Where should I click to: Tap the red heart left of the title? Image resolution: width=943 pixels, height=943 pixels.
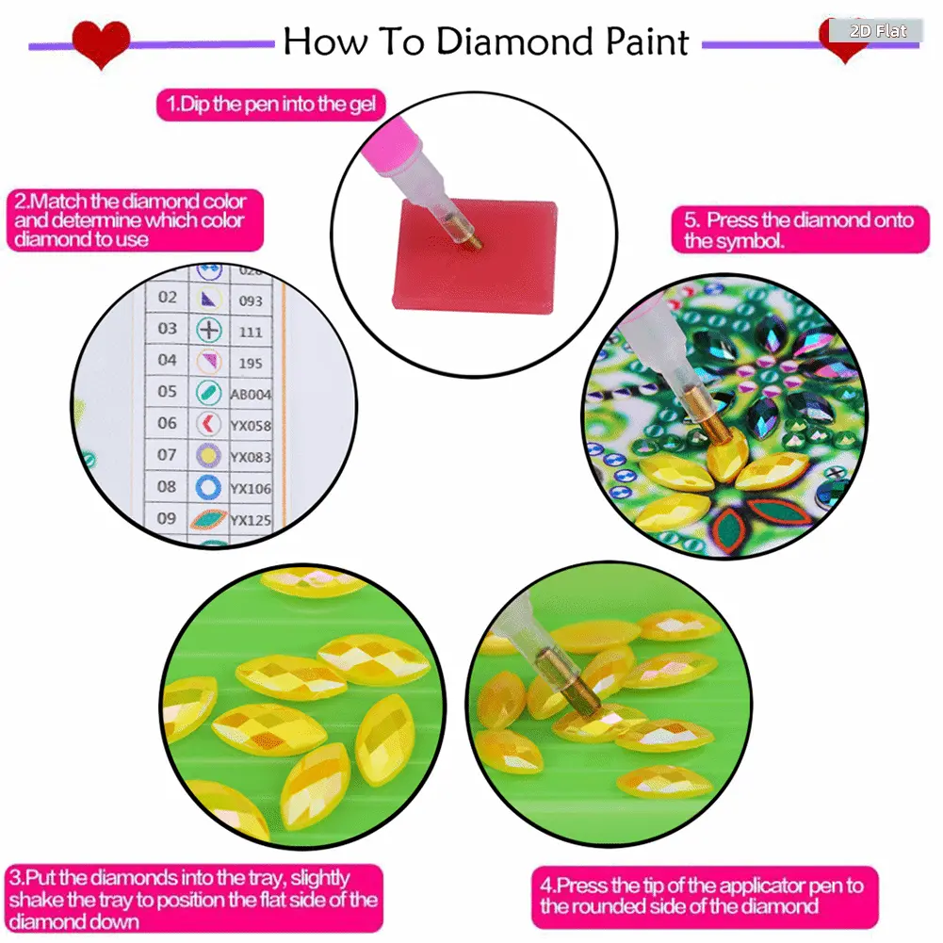(x=101, y=42)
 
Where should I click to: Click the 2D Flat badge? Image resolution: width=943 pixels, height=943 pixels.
(x=877, y=31)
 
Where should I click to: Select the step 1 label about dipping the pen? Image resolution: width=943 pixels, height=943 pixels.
(x=270, y=104)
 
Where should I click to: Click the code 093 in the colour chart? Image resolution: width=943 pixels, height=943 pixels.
(x=251, y=301)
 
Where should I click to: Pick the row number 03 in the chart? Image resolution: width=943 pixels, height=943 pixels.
(x=167, y=329)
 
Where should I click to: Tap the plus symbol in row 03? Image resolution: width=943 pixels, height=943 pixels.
(x=209, y=330)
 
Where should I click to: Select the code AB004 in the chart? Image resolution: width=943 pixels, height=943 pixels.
(x=251, y=395)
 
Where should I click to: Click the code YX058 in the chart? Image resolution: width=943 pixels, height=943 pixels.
(x=251, y=426)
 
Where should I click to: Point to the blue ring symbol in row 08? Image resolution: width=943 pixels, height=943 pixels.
(x=208, y=487)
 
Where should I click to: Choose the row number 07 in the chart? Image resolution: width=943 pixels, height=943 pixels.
(x=167, y=455)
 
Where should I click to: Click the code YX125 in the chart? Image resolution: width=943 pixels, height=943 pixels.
(x=251, y=520)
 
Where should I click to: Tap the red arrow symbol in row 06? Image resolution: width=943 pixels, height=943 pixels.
(x=208, y=424)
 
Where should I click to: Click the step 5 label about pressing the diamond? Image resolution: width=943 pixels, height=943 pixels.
(x=800, y=230)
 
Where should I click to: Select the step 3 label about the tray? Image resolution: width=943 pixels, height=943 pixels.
(x=194, y=899)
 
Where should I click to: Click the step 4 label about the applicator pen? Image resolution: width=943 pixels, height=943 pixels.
(x=705, y=896)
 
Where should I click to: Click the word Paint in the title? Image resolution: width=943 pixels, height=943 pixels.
(x=647, y=41)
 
